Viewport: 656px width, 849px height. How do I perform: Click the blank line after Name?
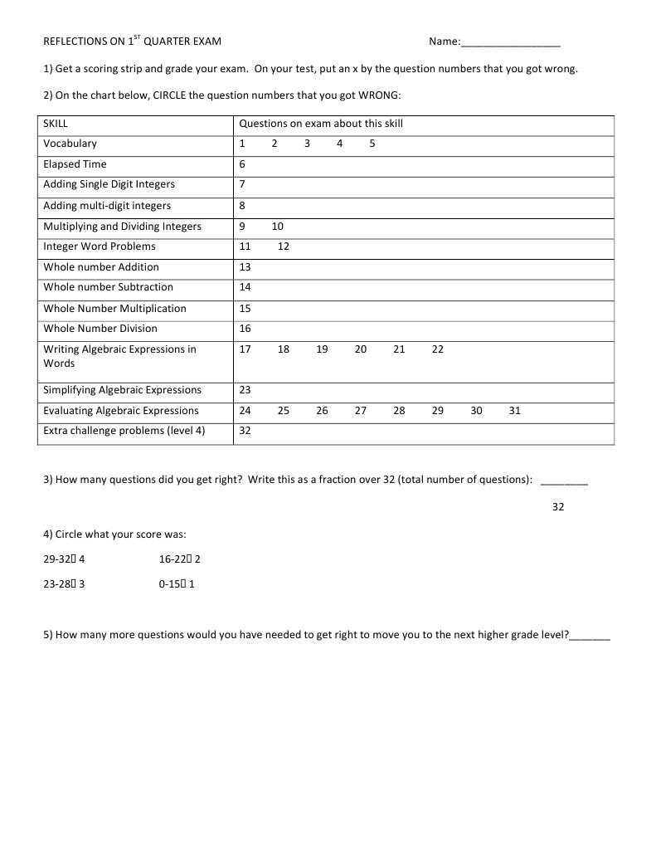pyautogui.click(x=510, y=43)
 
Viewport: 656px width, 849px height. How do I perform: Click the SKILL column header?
pyautogui.click(x=56, y=124)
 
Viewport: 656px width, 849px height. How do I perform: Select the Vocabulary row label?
pyautogui.click(x=70, y=144)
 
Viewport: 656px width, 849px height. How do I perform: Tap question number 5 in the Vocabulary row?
pyautogui.click(x=372, y=144)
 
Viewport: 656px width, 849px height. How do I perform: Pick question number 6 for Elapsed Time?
pyautogui.click(x=242, y=164)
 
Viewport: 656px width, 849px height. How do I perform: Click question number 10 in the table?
pyautogui.click(x=277, y=226)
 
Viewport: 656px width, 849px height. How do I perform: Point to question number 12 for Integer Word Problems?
pyautogui.click(x=283, y=246)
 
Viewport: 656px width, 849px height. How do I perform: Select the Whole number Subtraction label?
pyautogui.click(x=108, y=287)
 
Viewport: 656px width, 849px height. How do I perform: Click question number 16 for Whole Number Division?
pyautogui.click(x=245, y=329)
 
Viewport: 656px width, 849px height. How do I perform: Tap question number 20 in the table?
pyautogui.click(x=361, y=349)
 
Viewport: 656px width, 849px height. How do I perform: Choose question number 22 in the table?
pyautogui.click(x=438, y=349)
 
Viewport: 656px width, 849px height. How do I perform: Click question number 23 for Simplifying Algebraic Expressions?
pyautogui.click(x=245, y=390)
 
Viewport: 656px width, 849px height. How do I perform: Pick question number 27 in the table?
pyautogui.click(x=361, y=411)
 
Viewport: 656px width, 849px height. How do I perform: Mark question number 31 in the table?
pyautogui.click(x=515, y=411)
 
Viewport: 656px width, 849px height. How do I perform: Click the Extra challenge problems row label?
pyautogui.click(x=124, y=431)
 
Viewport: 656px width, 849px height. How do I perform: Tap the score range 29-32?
pyautogui.click(x=57, y=559)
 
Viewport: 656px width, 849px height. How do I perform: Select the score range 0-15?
pyautogui.click(x=171, y=584)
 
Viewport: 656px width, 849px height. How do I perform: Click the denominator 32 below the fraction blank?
pyautogui.click(x=558, y=506)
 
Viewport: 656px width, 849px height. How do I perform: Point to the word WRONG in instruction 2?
pyautogui.click(x=378, y=95)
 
